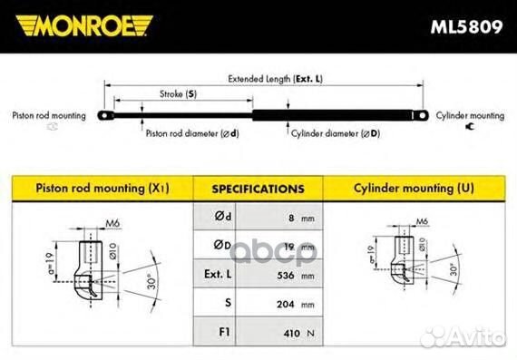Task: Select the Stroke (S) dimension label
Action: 178,94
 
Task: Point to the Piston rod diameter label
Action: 192,133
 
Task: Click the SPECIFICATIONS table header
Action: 258,190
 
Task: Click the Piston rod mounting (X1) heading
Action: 102,189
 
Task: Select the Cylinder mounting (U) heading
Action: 414,189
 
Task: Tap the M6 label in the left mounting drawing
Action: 112,223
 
